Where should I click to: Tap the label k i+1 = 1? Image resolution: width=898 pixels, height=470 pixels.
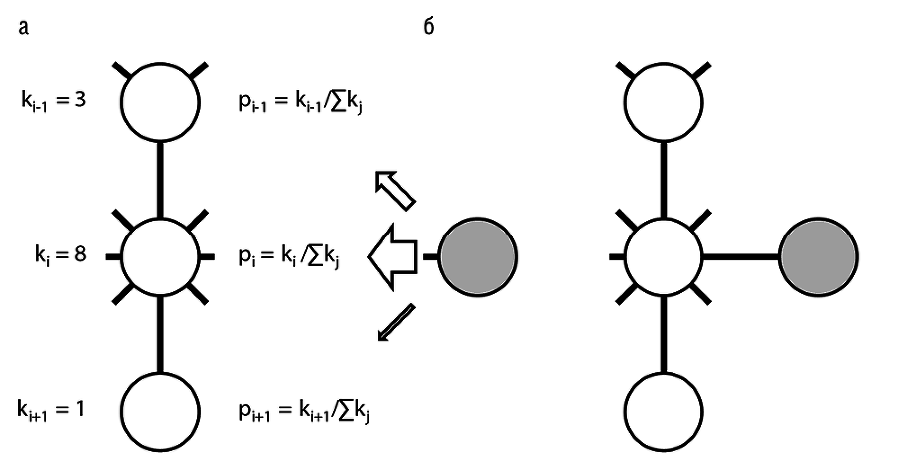[55, 408]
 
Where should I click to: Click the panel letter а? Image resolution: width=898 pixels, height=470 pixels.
[22, 27]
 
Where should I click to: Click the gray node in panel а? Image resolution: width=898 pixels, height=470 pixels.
[477, 256]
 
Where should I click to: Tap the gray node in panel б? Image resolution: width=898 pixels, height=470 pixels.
[818, 256]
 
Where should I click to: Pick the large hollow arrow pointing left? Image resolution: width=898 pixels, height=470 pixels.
[395, 257]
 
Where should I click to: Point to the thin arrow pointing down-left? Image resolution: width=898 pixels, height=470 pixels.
[394, 324]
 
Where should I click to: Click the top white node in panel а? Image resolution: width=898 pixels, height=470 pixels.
[161, 101]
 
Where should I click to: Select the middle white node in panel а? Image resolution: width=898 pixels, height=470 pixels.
[161, 256]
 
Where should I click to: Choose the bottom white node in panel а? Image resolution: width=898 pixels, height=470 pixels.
[161, 409]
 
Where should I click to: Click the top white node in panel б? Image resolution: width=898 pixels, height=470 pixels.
[664, 101]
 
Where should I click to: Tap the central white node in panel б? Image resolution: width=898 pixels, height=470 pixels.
[664, 256]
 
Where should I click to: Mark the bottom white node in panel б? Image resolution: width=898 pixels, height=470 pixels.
[664, 409]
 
